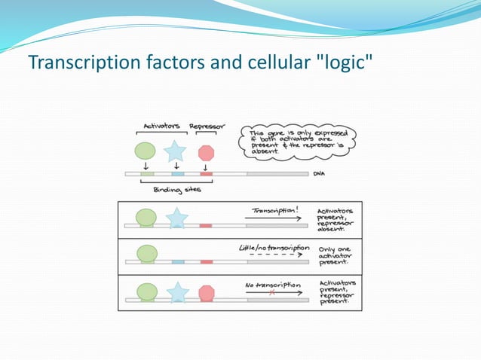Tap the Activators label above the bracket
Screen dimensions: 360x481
point(161,126)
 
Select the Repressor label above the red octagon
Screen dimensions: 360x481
point(205,126)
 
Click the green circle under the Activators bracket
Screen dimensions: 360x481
point(146,151)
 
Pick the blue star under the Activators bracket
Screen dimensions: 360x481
point(176,151)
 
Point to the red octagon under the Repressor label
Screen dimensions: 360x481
point(206,153)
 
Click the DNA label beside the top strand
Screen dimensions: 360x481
point(319,173)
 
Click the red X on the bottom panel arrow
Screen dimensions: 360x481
point(271,294)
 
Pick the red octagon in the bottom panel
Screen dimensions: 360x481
point(206,293)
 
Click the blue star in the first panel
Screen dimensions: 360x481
point(176,218)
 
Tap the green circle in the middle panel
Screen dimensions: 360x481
point(146,255)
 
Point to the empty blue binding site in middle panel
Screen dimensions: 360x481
point(177,262)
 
